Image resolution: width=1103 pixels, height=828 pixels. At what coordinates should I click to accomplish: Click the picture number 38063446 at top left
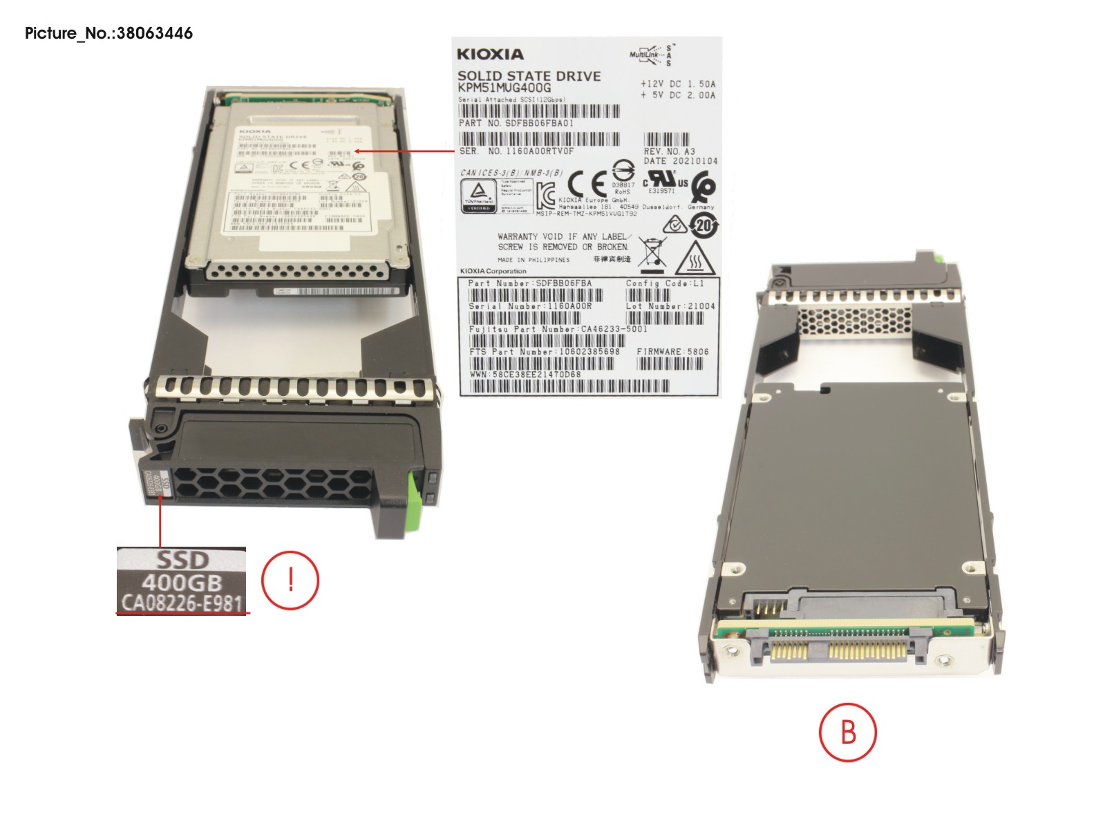(109, 33)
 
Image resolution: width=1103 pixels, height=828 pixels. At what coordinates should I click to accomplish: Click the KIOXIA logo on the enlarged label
(490, 54)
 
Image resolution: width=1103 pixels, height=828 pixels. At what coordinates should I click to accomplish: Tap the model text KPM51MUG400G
(505, 88)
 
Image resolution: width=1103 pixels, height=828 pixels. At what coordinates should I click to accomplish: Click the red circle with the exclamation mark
(290, 580)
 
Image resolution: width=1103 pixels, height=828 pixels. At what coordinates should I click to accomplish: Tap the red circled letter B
(848, 732)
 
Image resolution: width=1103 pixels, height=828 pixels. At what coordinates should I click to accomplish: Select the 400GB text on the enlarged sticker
(182, 583)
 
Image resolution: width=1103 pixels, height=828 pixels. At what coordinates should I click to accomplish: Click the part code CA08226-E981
(182, 603)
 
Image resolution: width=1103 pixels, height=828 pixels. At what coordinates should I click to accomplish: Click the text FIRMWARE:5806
(672, 351)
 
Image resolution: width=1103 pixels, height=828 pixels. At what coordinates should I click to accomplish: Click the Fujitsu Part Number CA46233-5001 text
(558, 329)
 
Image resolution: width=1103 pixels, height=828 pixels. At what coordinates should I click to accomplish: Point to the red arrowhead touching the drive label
(359, 150)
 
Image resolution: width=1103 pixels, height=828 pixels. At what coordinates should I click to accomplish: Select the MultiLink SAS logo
(652, 54)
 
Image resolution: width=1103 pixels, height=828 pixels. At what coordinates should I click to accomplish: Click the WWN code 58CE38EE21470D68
(525, 374)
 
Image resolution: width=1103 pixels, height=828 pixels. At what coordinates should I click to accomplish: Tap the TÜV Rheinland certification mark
(479, 195)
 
